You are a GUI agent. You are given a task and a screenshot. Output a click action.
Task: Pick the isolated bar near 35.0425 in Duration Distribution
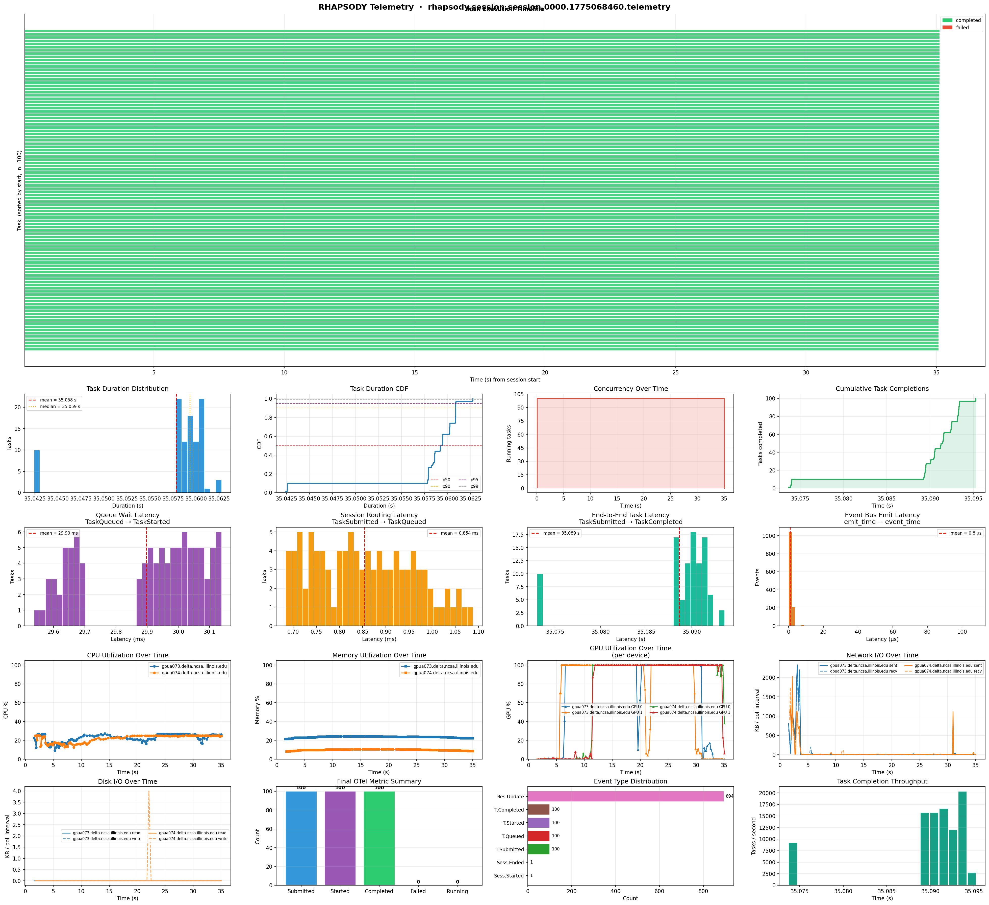click(x=37, y=471)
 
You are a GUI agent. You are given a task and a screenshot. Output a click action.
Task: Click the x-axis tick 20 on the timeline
click(x=545, y=372)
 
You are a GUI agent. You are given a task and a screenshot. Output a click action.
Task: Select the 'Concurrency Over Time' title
click(x=630, y=389)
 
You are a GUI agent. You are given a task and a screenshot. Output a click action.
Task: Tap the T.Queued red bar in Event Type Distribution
click(x=538, y=836)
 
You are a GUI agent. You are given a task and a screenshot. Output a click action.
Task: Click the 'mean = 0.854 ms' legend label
click(x=459, y=533)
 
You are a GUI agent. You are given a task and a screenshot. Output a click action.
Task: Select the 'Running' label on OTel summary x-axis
click(x=457, y=891)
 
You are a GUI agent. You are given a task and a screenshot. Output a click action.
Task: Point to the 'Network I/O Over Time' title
click(x=881, y=655)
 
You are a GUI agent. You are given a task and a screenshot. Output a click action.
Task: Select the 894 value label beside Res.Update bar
click(x=729, y=797)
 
